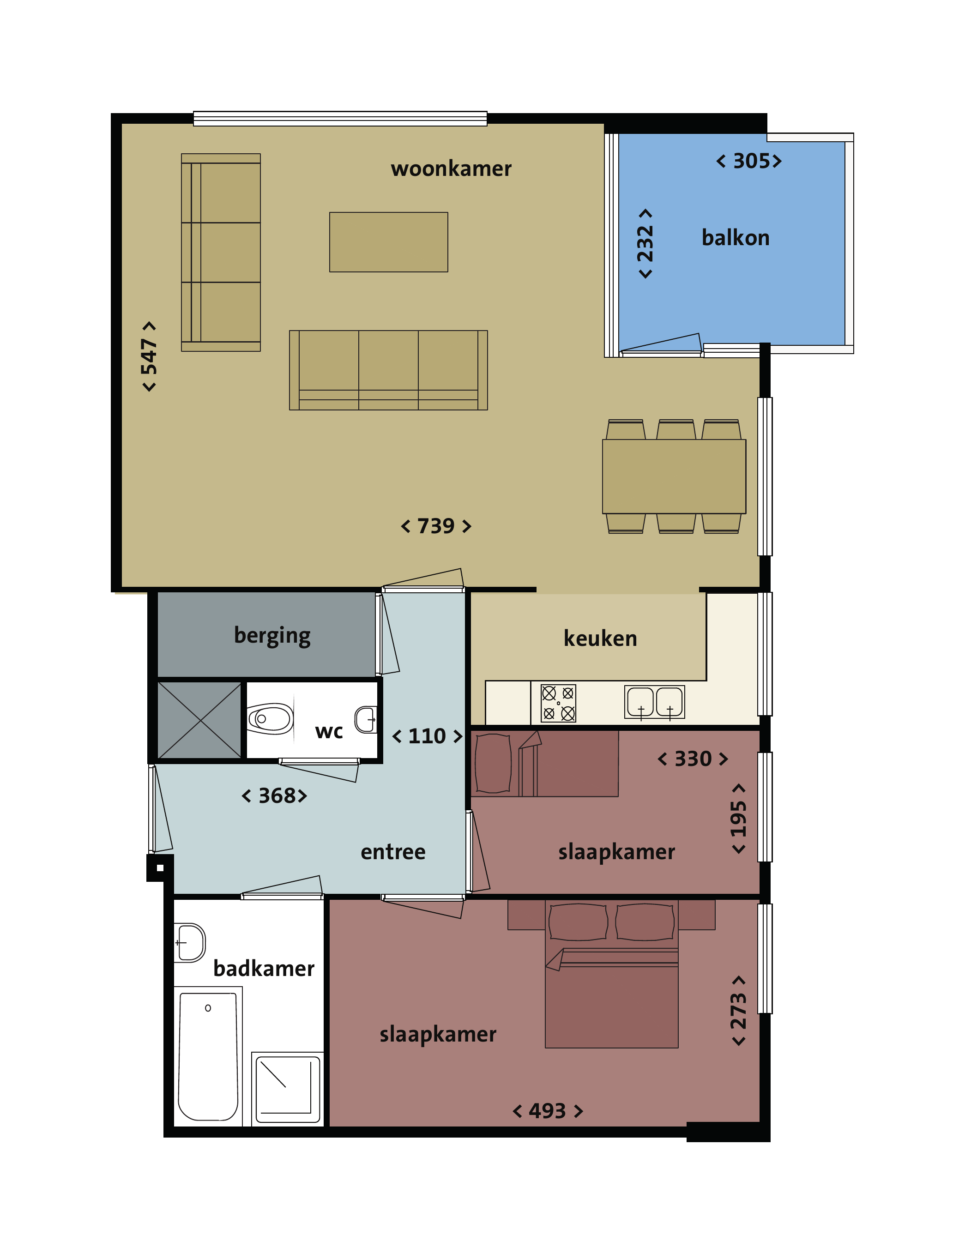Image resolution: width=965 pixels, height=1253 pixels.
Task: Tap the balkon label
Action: (735, 237)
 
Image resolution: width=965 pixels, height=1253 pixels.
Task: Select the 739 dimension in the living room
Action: (435, 525)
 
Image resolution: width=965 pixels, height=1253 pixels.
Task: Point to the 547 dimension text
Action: (149, 356)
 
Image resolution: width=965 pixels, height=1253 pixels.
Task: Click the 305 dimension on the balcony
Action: (749, 161)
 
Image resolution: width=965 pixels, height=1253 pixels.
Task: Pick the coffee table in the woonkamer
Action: (388, 242)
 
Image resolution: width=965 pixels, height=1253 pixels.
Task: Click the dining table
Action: (674, 476)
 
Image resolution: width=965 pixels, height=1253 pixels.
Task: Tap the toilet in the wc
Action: (270, 718)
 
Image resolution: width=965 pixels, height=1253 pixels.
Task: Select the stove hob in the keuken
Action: (558, 703)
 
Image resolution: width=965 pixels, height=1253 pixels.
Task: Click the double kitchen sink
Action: (655, 702)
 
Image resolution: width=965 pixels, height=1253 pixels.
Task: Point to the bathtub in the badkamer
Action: (208, 1056)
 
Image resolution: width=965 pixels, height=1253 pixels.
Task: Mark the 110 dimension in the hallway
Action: (427, 736)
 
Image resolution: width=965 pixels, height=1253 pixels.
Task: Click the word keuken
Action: (600, 639)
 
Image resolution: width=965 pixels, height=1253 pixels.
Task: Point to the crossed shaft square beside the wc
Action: (199, 720)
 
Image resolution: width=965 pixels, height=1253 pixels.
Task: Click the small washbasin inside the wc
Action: (366, 719)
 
